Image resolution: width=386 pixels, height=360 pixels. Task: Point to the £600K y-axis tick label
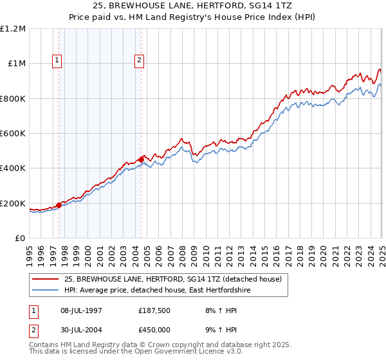(13, 134)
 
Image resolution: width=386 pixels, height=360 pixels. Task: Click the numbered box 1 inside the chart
(58, 61)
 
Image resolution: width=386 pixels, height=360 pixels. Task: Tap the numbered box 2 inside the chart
(139, 61)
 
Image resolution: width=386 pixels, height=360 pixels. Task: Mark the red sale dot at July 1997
(59, 205)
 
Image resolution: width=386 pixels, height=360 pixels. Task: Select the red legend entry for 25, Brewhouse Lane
(173, 279)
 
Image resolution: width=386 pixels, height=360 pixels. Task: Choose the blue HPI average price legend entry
(156, 291)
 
